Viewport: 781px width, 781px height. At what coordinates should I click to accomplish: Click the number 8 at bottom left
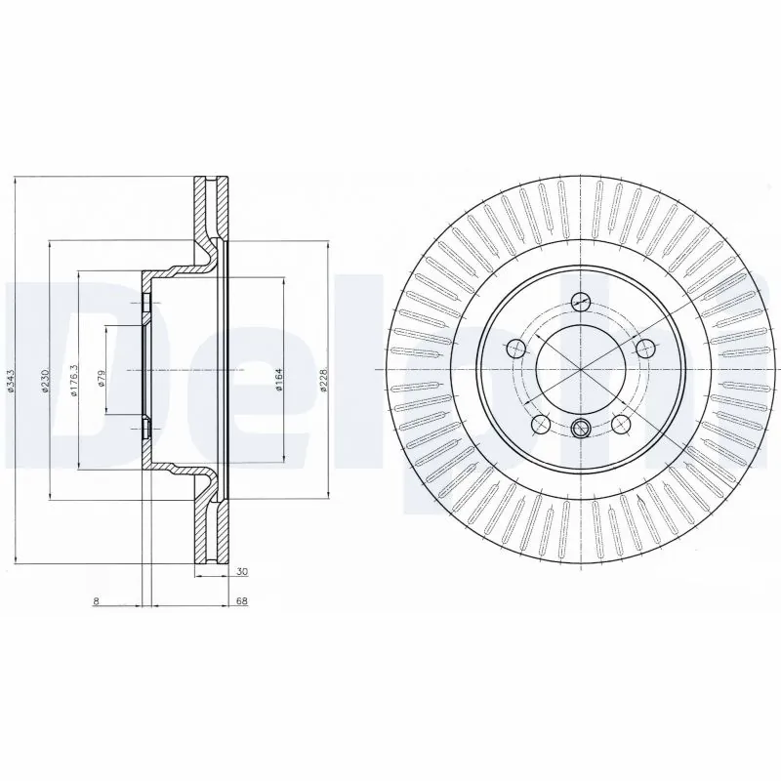[x=96, y=601]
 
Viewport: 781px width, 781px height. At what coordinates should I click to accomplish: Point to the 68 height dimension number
[x=240, y=601]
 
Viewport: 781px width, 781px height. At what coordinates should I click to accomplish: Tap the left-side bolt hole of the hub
[x=514, y=347]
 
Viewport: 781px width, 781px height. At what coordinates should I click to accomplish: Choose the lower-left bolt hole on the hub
[x=538, y=424]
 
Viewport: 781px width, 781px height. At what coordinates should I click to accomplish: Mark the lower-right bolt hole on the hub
[x=620, y=424]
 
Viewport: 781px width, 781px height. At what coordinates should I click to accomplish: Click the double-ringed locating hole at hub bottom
[x=580, y=427]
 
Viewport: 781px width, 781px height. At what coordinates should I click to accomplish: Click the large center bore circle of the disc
[x=579, y=370]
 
